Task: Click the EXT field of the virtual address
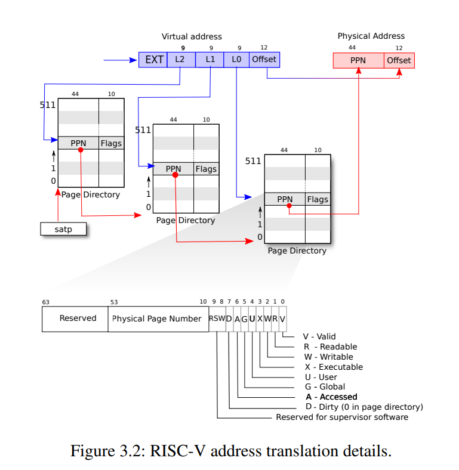(x=153, y=60)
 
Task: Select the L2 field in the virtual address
(x=181, y=60)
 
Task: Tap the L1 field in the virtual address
(x=210, y=60)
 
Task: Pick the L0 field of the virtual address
(x=236, y=60)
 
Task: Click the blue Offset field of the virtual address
(x=264, y=60)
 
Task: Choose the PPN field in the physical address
(x=358, y=60)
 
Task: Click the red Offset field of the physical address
(x=399, y=60)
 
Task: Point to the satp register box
(x=63, y=229)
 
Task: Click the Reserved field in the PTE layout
(x=78, y=319)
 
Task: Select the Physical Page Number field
(x=157, y=319)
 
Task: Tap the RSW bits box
(x=217, y=319)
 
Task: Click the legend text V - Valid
(x=319, y=336)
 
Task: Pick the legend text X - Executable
(x=333, y=367)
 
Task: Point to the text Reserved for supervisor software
(x=342, y=417)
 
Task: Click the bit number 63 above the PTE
(x=46, y=302)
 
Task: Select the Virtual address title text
(x=192, y=36)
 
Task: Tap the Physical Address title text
(x=371, y=36)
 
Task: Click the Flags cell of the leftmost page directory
(x=111, y=143)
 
